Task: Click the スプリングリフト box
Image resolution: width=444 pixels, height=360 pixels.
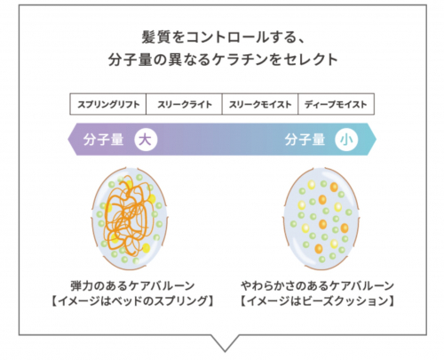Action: [108, 104]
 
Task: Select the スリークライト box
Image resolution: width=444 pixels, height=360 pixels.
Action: [184, 104]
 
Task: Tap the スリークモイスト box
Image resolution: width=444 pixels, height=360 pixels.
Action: [260, 104]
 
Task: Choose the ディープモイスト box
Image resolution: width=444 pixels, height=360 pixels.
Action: [336, 104]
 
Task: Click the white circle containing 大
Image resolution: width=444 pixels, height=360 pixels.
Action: [146, 140]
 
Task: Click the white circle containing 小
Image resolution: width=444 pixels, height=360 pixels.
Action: [346, 140]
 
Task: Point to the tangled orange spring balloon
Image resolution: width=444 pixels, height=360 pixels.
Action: [130, 219]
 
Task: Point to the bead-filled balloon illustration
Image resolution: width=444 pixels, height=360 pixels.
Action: [321, 219]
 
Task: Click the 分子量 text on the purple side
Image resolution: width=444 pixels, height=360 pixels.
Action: [103, 140]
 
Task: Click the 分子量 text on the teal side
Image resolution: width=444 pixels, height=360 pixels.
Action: [305, 140]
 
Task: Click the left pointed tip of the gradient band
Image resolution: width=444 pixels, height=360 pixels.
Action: [68, 140]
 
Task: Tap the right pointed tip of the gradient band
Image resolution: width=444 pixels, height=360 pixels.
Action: [377, 140]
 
